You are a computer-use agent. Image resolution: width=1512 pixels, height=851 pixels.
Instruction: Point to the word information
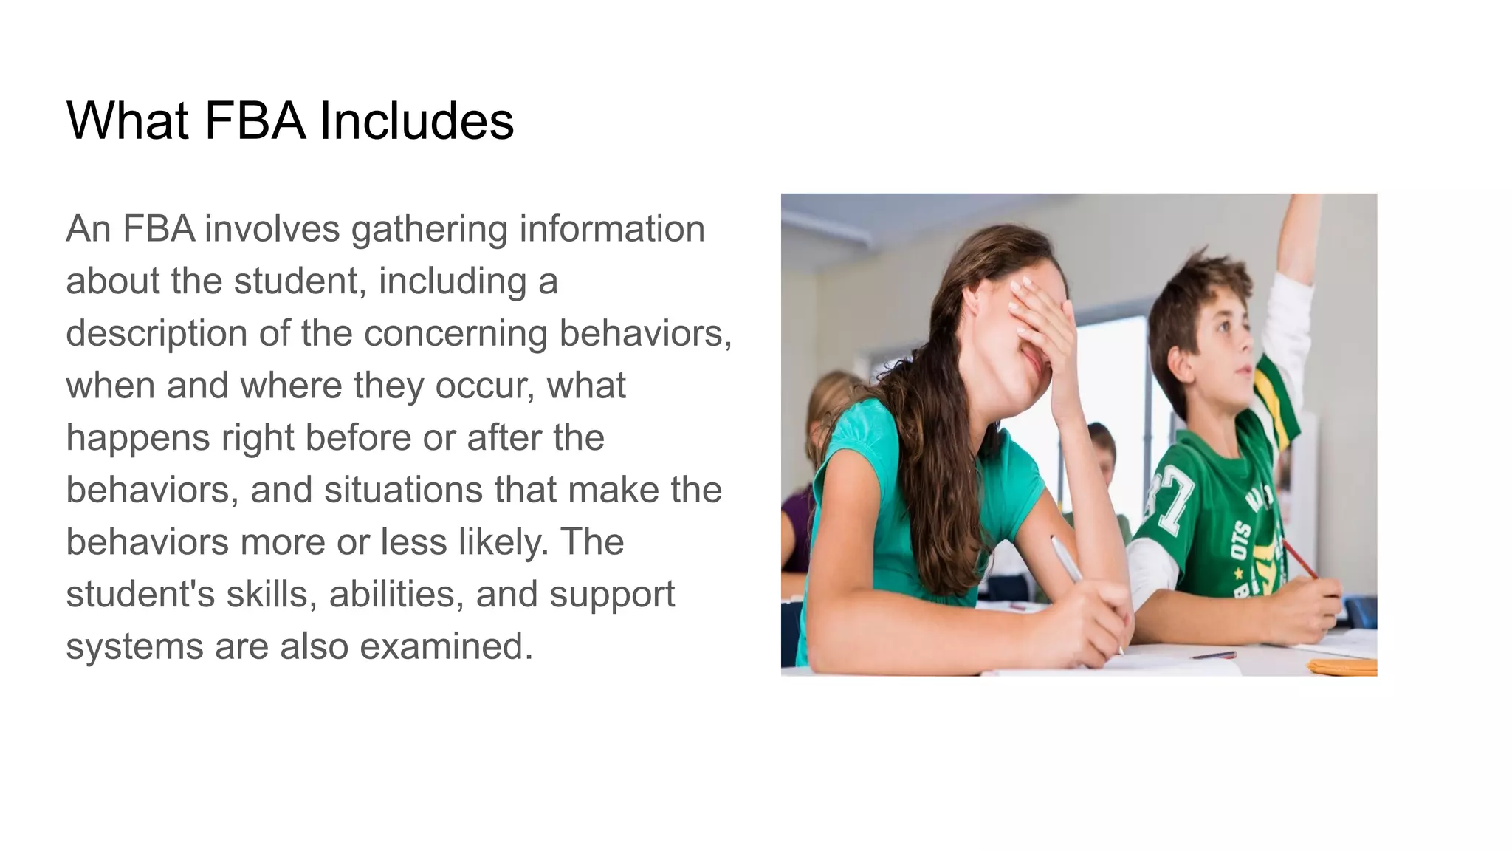[x=612, y=229]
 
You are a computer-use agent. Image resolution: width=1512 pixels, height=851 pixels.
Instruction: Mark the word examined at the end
[x=446, y=646]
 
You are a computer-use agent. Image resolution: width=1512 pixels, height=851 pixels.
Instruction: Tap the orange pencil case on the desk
[x=1342, y=666]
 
